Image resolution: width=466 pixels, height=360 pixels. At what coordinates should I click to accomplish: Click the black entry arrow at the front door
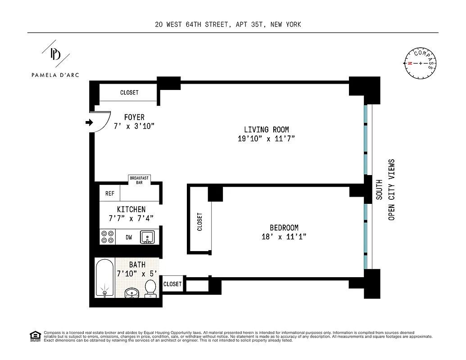click(x=89, y=122)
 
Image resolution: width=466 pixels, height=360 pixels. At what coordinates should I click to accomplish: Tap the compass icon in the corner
click(x=421, y=63)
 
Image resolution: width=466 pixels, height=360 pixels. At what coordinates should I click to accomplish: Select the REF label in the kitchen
click(x=110, y=193)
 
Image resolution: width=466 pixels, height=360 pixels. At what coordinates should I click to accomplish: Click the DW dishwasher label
click(x=129, y=237)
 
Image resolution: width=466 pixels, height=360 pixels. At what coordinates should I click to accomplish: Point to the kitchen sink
click(x=147, y=237)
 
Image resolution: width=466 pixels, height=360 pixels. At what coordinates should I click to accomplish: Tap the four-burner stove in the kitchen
click(x=107, y=237)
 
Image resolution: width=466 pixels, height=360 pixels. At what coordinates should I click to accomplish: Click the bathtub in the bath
click(x=105, y=278)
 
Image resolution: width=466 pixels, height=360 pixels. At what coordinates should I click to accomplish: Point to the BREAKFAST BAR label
click(x=139, y=180)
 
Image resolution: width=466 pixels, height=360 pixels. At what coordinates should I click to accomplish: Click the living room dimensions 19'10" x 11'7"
click(x=266, y=139)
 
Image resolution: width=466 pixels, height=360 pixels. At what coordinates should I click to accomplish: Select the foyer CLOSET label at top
click(x=129, y=93)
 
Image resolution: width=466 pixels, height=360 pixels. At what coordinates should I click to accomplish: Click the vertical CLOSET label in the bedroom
click(x=199, y=222)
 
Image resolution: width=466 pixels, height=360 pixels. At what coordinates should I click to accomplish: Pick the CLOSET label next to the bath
click(x=172, y=284)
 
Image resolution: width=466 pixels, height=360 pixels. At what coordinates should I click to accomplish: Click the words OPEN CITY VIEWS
click(x=391, y=189)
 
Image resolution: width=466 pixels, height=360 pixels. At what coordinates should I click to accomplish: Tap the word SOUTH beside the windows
click(x=380, y=189)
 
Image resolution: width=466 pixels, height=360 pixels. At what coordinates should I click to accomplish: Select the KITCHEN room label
click(x=131, y=209)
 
